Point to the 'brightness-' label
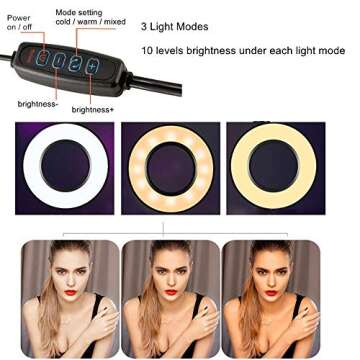coord(37,103)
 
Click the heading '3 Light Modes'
coord(177,23)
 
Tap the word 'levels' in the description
coord(181,49)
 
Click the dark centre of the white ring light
coord(66,167)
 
